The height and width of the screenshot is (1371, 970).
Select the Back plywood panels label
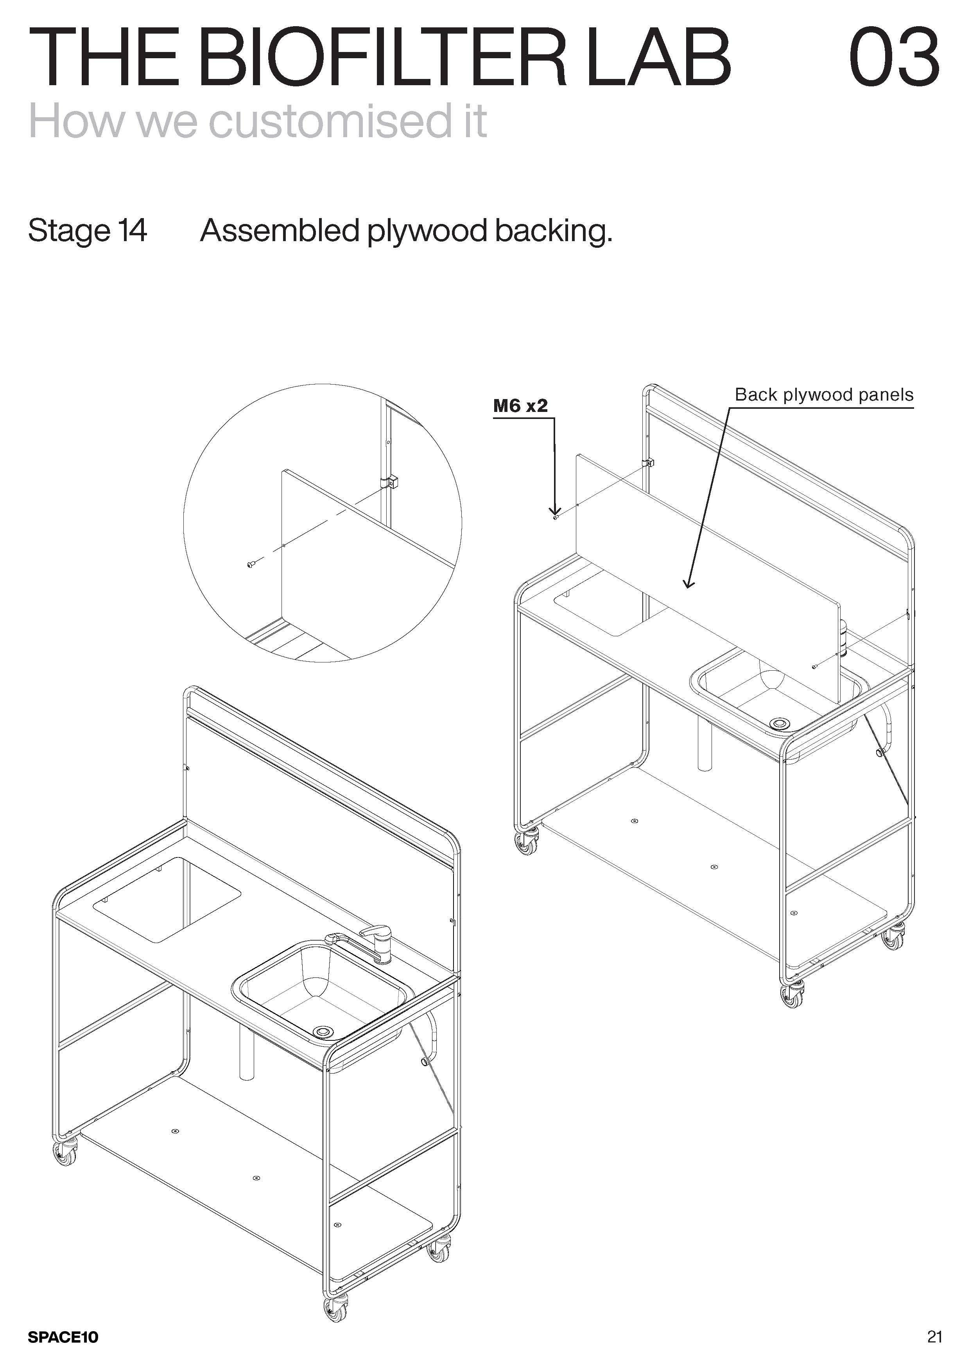pos(824,395)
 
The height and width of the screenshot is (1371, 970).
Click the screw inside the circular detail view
pos(251,564)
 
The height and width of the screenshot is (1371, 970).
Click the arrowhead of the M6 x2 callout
pos(555,510)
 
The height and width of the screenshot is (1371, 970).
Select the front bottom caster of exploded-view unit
pos(792,994)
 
